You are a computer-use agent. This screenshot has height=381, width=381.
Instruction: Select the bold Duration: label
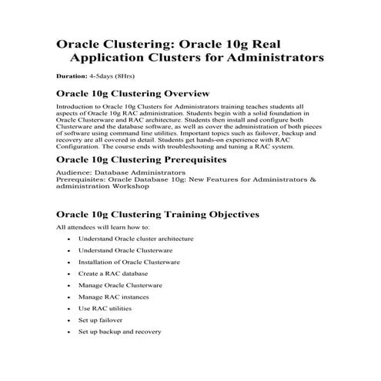tap(72, 77)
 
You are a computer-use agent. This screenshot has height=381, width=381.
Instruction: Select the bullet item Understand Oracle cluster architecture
tap(135, 239)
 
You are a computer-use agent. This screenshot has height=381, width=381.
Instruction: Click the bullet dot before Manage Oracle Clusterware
tap(68, 286)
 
